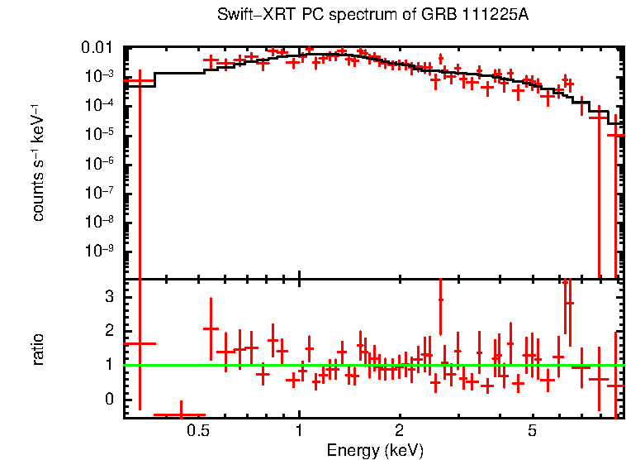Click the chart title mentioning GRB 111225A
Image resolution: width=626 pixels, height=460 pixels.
[x=374, y=16]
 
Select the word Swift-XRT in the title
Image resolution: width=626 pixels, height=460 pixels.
[x=250, y=16]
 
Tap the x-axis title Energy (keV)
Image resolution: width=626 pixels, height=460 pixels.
[x=374, y=451]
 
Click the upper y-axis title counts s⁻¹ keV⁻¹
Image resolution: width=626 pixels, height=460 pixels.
[x=38, y=163]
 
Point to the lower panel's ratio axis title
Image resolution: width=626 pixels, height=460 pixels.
[x=38, y=348]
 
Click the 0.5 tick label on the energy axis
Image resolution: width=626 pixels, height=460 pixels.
[x=197, y=431]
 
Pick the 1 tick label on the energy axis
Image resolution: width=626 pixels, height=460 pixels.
[x=299, y=431]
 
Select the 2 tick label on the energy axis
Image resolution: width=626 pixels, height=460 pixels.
[x=399, y=431]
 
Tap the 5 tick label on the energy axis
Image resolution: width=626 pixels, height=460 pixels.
[x=533, y=431]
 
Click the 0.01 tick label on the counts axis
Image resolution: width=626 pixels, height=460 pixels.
[x=97, y=48]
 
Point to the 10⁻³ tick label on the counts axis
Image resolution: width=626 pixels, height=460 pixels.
[x=98, y=76]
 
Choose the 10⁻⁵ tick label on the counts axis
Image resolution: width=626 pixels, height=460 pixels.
[x=98, y=134]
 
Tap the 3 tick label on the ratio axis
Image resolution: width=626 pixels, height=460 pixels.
[x=107, y=295]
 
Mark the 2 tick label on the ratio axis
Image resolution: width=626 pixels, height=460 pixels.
[x=107, y=330]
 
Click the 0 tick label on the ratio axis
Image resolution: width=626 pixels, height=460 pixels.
[x=107, y=399]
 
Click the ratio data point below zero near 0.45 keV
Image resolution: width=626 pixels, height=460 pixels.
[x=180, y=414]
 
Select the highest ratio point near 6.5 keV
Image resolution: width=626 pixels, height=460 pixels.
[x=569, y=303]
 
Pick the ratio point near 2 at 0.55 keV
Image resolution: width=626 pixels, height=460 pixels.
[x=211, y=329]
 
